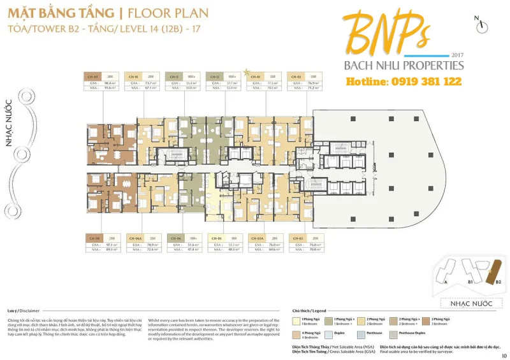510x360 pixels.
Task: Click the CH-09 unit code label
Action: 93,76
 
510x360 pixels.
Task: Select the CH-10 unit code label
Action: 133,76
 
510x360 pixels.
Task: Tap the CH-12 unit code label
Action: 215,76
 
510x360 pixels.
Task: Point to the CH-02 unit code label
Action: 296,76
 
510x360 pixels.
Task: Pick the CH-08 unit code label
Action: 93,238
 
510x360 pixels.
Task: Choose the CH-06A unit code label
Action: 134,238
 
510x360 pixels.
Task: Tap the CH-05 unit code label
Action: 216,238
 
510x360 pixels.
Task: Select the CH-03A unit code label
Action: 256,238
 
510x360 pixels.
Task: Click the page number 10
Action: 504,356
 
